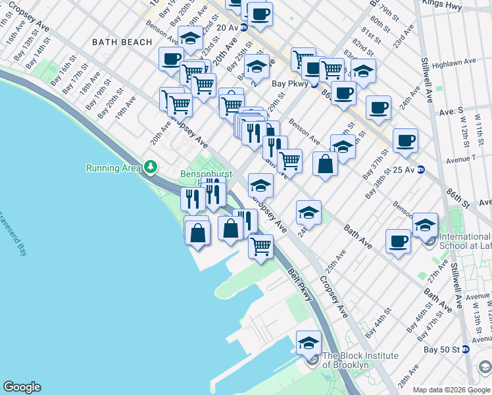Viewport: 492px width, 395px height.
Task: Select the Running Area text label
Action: click(113, 168)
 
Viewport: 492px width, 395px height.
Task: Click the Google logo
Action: click(22, 387)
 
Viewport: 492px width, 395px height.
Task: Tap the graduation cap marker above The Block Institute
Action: click(308, 342)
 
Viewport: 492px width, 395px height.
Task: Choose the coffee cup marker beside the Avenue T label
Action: click(406, 140)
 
